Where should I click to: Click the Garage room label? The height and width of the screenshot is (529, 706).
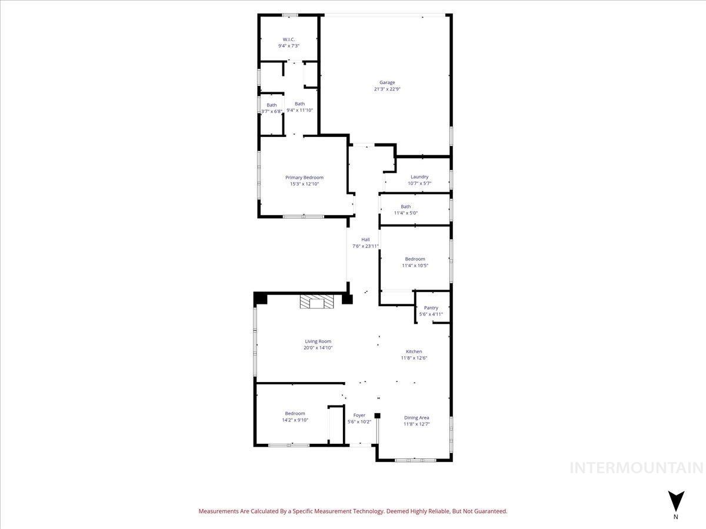(387, 82)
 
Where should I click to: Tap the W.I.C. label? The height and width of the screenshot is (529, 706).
(289, 39)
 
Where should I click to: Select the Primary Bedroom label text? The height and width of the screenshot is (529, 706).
(304, 178)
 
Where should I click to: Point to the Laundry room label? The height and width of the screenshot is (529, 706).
(419, 176)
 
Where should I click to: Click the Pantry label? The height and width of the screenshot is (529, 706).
(431, 308)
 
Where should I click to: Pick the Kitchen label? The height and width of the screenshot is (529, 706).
(414, 351)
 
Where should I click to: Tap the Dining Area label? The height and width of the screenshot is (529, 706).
(416, 417)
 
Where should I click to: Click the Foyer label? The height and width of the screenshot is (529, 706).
(359, 415)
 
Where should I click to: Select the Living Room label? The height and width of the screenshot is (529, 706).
(318, 341)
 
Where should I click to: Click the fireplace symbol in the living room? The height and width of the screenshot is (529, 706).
(317, 302)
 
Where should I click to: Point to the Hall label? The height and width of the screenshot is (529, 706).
(365, 239)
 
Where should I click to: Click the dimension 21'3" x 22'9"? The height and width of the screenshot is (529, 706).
(387, 89)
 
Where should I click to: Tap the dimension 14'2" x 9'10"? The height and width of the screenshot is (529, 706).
(295, 420)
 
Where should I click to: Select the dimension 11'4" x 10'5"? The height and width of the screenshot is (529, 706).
(415, 265)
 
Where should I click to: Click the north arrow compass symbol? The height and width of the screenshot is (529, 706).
(676, 501)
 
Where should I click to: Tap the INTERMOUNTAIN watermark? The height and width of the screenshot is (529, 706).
(636, 468)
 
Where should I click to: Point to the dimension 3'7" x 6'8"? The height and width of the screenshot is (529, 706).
(272, 111)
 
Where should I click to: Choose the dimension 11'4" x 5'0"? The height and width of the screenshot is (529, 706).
(406, 213)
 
